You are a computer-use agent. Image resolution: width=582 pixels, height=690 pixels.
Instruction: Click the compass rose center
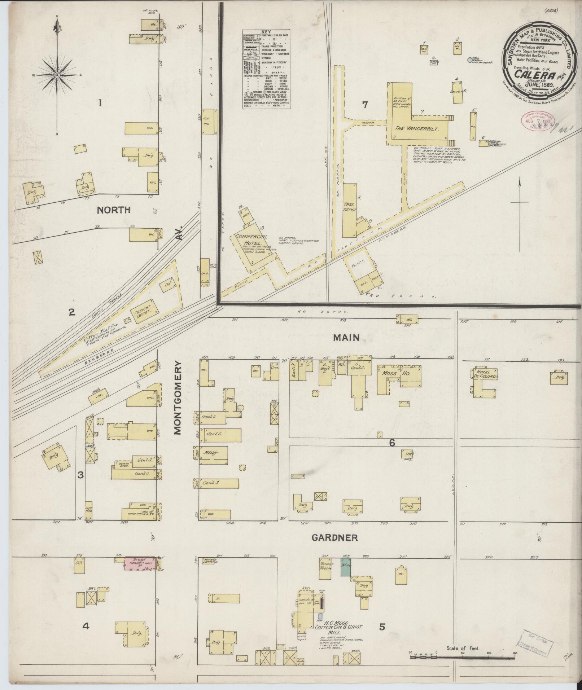click(x=57, y=75)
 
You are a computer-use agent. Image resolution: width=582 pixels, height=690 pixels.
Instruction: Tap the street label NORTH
click(x=113, y=210)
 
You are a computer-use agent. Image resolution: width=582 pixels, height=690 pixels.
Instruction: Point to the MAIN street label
click(x=346, y=338)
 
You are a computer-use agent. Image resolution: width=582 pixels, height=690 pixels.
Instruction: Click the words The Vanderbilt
click(x=417, y=128)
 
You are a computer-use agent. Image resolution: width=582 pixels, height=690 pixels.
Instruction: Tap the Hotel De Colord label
click(x=487, y=374)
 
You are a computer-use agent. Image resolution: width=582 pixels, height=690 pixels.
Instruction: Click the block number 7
click(x=365, y=105)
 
